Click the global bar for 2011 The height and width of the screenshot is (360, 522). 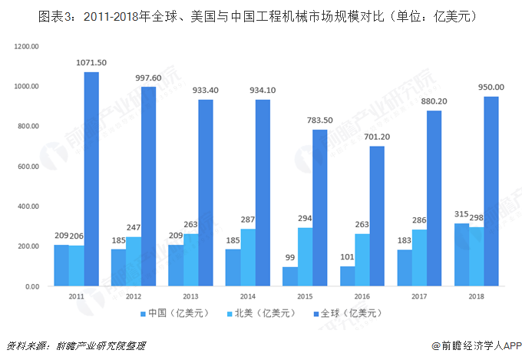pos(91,179)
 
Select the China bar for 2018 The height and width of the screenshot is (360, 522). pos(461,255)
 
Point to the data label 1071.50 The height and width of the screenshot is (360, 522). pos(91,62)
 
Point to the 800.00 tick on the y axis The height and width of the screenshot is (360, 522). pos(28,127)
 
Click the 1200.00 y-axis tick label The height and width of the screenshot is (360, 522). pos(26,47)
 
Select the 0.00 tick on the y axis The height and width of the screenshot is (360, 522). pos(31,286)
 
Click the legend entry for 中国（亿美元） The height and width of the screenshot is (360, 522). pos(173,312)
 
